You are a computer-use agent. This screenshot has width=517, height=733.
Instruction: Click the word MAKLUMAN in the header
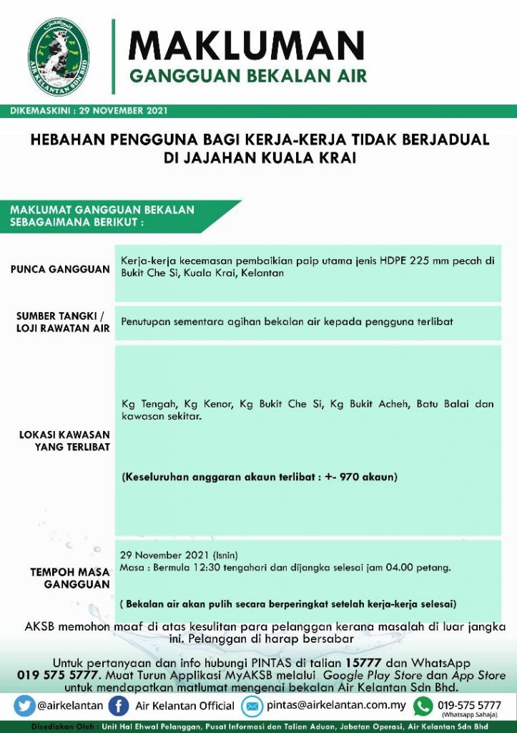(x=246, y=46)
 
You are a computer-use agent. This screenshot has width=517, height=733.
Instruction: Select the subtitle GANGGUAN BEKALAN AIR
(x=247, y=76)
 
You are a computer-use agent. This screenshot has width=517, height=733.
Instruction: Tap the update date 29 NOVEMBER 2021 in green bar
(x=124, y=112)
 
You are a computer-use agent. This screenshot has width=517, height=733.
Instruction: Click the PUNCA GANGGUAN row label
(x=60, y=269)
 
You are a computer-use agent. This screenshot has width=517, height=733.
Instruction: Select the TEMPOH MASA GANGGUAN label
(x=70, y=578)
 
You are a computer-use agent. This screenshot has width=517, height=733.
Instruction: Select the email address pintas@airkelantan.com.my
(x=336, y=705)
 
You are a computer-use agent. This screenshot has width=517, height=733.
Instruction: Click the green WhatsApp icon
(x=423, y=706)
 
